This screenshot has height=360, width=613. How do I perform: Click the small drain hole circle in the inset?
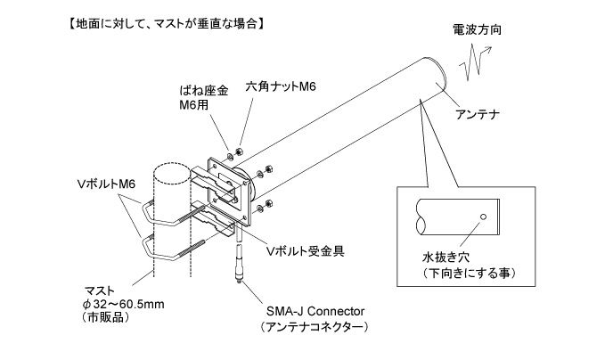(x=483, y=216)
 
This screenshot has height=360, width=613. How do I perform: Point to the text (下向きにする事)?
(x=470, y=272)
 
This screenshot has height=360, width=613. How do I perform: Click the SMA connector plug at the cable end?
(x=239, y=268)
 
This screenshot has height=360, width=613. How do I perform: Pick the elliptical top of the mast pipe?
(x=171, y=169)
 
